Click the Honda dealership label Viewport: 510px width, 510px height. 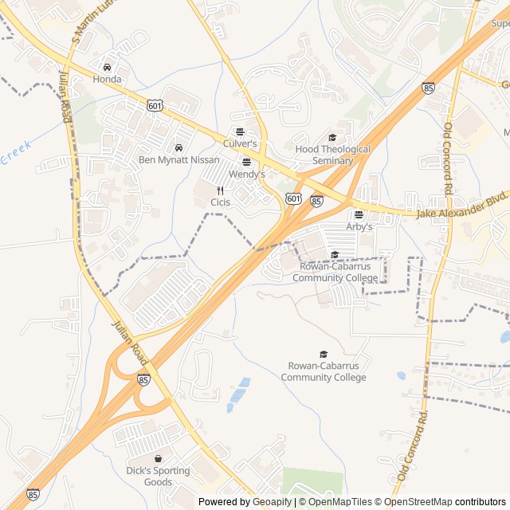(108, 79)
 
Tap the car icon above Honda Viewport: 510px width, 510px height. (108, 67)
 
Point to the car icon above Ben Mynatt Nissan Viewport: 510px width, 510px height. (178, 147)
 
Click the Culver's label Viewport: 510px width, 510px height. (240, 143)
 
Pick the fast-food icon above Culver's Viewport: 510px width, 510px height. (240, 131)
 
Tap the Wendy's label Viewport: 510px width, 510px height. (246, 173)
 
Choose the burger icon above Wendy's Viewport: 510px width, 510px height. (246, 162)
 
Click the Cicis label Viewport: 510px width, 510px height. (220, 202)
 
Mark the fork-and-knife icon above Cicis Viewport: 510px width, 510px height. (220, 190)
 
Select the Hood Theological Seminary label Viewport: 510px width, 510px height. (332, 155)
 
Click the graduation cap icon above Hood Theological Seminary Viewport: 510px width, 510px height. (332, 137)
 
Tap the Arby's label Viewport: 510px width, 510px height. (359, 226)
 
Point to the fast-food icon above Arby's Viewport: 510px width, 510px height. (359, 214)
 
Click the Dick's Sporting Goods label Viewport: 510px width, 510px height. (159, 476)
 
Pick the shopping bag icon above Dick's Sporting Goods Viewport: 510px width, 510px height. (159, 459)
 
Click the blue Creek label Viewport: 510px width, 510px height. (15, 152)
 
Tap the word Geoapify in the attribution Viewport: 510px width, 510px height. (273, 502)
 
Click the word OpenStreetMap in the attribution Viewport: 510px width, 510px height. (415, 502)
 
